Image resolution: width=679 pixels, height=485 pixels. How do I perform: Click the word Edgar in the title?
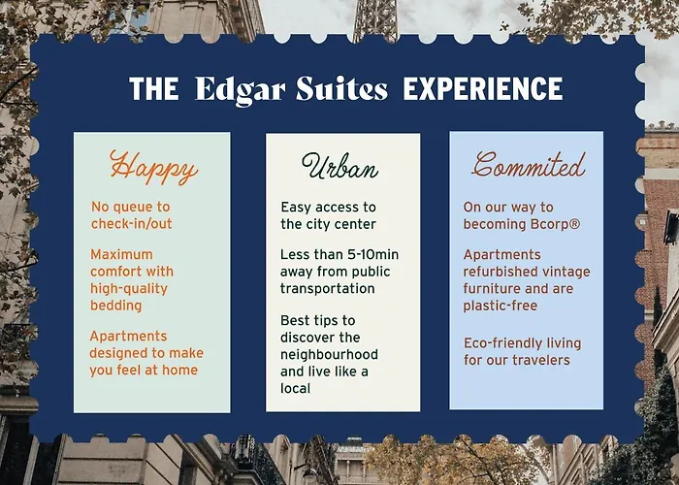(x=241, y=90)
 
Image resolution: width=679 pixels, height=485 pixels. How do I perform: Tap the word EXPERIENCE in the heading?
(x=483, y=89)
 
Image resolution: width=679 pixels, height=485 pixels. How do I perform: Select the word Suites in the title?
(x=341, y=89)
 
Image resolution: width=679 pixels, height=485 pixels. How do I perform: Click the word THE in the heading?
(x=153, y=89)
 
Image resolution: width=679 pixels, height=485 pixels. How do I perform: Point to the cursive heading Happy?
(x=153, y=167)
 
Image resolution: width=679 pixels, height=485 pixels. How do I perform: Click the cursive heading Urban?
(x=339, y=166)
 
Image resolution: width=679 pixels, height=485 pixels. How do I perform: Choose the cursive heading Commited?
(x=529, y=165)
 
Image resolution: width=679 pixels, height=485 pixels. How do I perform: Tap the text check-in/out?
(x=132, y=223)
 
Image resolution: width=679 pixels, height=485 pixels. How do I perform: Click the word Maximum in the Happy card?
(x=121, y=254)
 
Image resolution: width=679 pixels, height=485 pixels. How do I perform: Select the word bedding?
(x=116, y=306)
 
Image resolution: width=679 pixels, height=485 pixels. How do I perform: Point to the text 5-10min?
(x=373, y=254)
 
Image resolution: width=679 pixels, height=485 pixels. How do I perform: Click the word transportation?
(x=328, y=288)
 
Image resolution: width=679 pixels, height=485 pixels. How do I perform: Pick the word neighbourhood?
(x=329, y=354)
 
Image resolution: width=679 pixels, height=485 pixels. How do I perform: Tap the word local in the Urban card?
(x=295, y=388)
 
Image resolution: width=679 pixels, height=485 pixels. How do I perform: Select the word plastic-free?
(x=501, y=306)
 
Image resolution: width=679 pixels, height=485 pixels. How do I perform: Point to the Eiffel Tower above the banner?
(x=375, y=19)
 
